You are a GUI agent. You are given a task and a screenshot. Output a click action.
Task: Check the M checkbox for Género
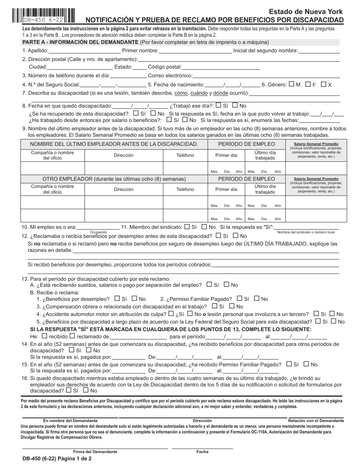tap(291, 84)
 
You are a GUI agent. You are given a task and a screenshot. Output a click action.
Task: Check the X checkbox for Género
tap(323, 84)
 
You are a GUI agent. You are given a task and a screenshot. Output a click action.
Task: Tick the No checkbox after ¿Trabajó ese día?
tap(235, 106)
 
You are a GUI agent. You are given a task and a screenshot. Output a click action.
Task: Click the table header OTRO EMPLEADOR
tap(114, 179)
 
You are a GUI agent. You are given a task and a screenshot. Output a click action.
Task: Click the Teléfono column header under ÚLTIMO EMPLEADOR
tap(185, 155)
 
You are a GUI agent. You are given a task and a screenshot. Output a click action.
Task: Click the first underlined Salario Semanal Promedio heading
tap(316, 144)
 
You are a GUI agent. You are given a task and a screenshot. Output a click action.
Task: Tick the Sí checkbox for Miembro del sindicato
tap(187, 227)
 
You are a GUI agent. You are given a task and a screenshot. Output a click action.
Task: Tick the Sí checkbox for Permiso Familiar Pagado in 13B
tap(239, 299)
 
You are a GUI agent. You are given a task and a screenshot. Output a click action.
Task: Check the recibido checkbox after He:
tap(44, 336)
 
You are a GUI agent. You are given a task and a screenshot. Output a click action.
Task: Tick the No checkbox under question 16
tap(86, 390)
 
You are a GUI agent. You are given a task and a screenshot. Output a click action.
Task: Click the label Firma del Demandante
tap(95, 452)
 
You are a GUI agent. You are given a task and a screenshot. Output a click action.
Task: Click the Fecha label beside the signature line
tap(202, 452)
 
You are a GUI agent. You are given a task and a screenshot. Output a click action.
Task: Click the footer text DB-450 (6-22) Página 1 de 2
tap(57, 458)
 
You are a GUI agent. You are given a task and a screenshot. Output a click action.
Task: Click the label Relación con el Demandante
tap(316, 421)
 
